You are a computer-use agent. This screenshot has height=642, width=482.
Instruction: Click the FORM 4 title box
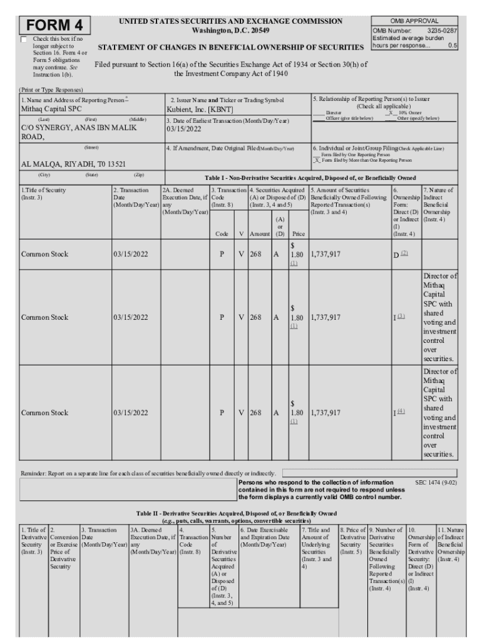pyautogui.click(x=56, y=26)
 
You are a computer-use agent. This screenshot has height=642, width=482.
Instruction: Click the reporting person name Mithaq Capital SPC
pyautogui.click(x=51, y=108)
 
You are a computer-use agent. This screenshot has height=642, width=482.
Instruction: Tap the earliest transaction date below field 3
pyautogui.click(x=184, y=129)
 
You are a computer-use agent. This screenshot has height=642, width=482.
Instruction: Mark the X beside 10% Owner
pyautogui.click(x=391, y=113)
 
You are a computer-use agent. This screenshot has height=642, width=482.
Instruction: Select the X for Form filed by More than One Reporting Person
pyautogui.click(x=317, y=160)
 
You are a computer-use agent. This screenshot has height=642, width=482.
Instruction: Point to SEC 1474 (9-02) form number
pyautogui.click(x=436, y=483)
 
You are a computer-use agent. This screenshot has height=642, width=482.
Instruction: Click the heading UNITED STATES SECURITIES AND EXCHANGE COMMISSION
pyautogui.click(x=230, y=21)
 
